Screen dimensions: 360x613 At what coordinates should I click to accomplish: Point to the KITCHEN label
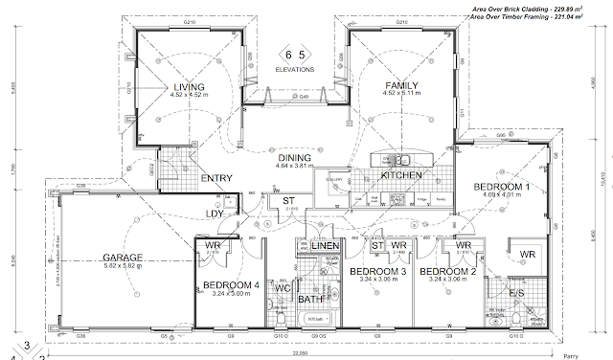coord(402,176)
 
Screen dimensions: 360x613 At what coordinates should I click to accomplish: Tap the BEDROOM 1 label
coord(503,186)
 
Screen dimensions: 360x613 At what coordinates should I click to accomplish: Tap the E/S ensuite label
coord(516,291)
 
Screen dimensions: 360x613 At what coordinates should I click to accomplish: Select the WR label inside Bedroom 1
coord(528,253)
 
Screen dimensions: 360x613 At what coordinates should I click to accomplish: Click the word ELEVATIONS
coord(294,69)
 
